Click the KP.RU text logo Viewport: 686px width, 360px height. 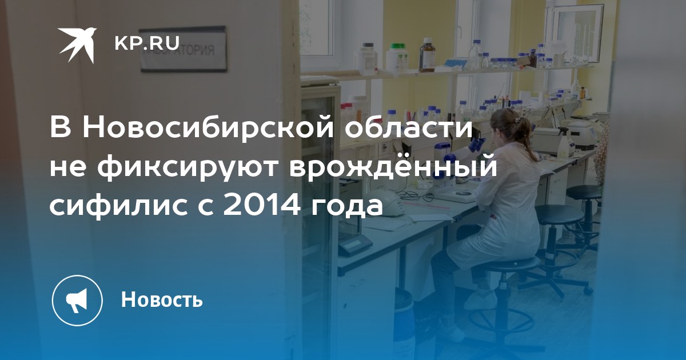[147, 43]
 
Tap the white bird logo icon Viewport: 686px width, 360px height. [77, 45]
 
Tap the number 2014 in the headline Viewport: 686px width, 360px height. [261, 206]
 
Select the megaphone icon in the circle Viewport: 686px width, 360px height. [77, 300]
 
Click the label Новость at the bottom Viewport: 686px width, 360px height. [162, 299]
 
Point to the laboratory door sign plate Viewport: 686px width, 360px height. [184, 49]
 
